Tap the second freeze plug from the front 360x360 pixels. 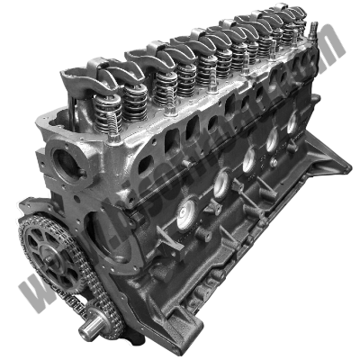point(220,184)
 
